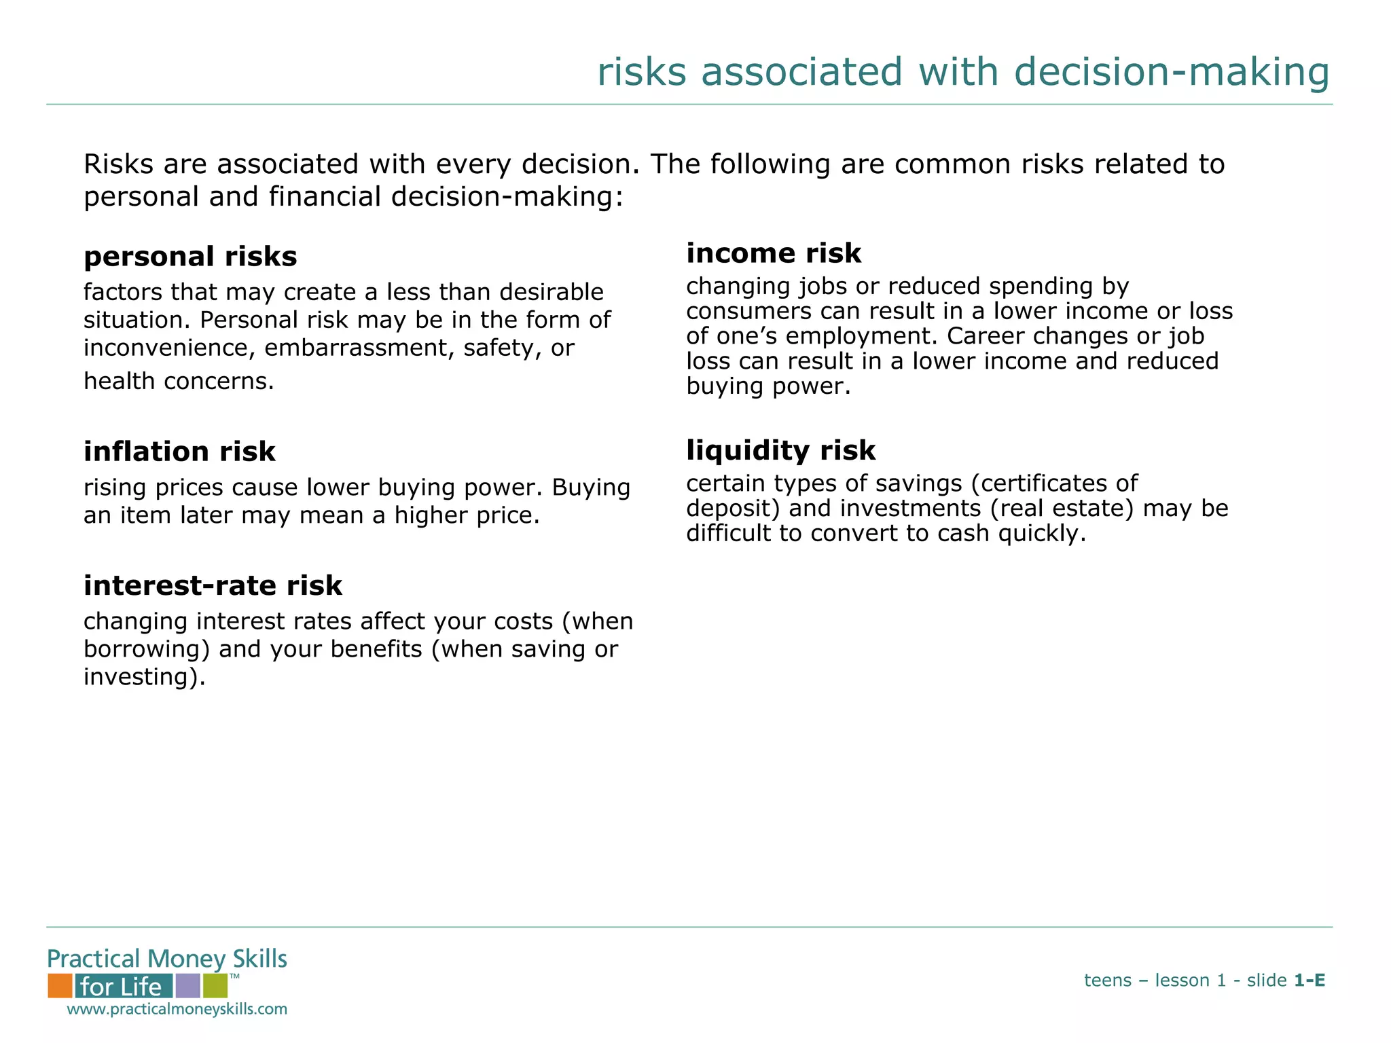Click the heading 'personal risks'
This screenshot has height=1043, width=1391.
tap(190, 257)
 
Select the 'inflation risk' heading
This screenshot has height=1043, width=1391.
tap(179, 452)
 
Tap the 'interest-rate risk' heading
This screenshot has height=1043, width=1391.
tap(213, 585)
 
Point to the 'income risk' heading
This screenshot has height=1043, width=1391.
tap(774, 253)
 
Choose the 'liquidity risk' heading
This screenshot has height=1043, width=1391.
tap(781, 450)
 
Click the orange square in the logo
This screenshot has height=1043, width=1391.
tap(60, 985)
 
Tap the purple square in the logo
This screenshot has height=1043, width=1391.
tap(187, 985)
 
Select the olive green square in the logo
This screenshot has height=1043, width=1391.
tap(215, 985)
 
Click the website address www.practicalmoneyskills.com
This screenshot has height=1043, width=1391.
tap(177, 1009)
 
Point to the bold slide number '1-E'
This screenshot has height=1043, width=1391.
tap(1309, 981)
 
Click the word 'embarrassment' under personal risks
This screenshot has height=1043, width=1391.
tap(360, 348)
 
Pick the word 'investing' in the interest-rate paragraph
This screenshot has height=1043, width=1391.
tap(139, 677)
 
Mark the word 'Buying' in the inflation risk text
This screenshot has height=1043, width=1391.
tap(591, 488)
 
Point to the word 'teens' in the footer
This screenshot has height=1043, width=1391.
tap(1107, 981)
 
